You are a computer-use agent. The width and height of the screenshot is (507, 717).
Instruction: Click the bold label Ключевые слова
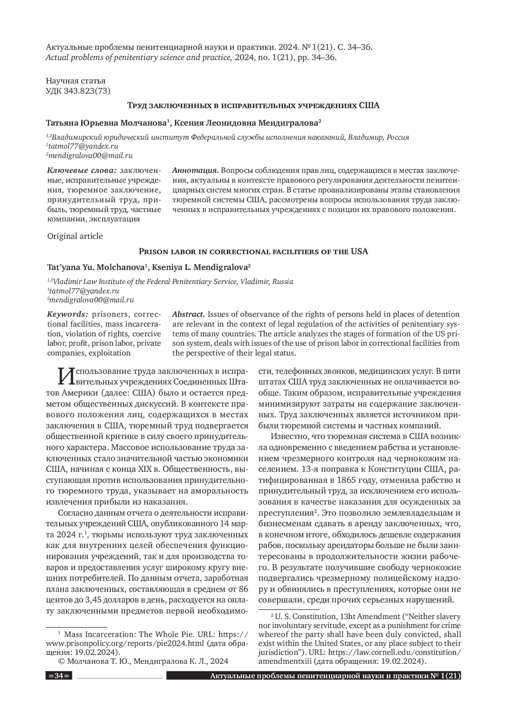click(x=82, y=171)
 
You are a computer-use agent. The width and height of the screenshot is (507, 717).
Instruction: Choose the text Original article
click(x=75, y=236)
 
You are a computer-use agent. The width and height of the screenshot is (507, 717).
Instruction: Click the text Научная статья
click(x=76, y=80)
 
